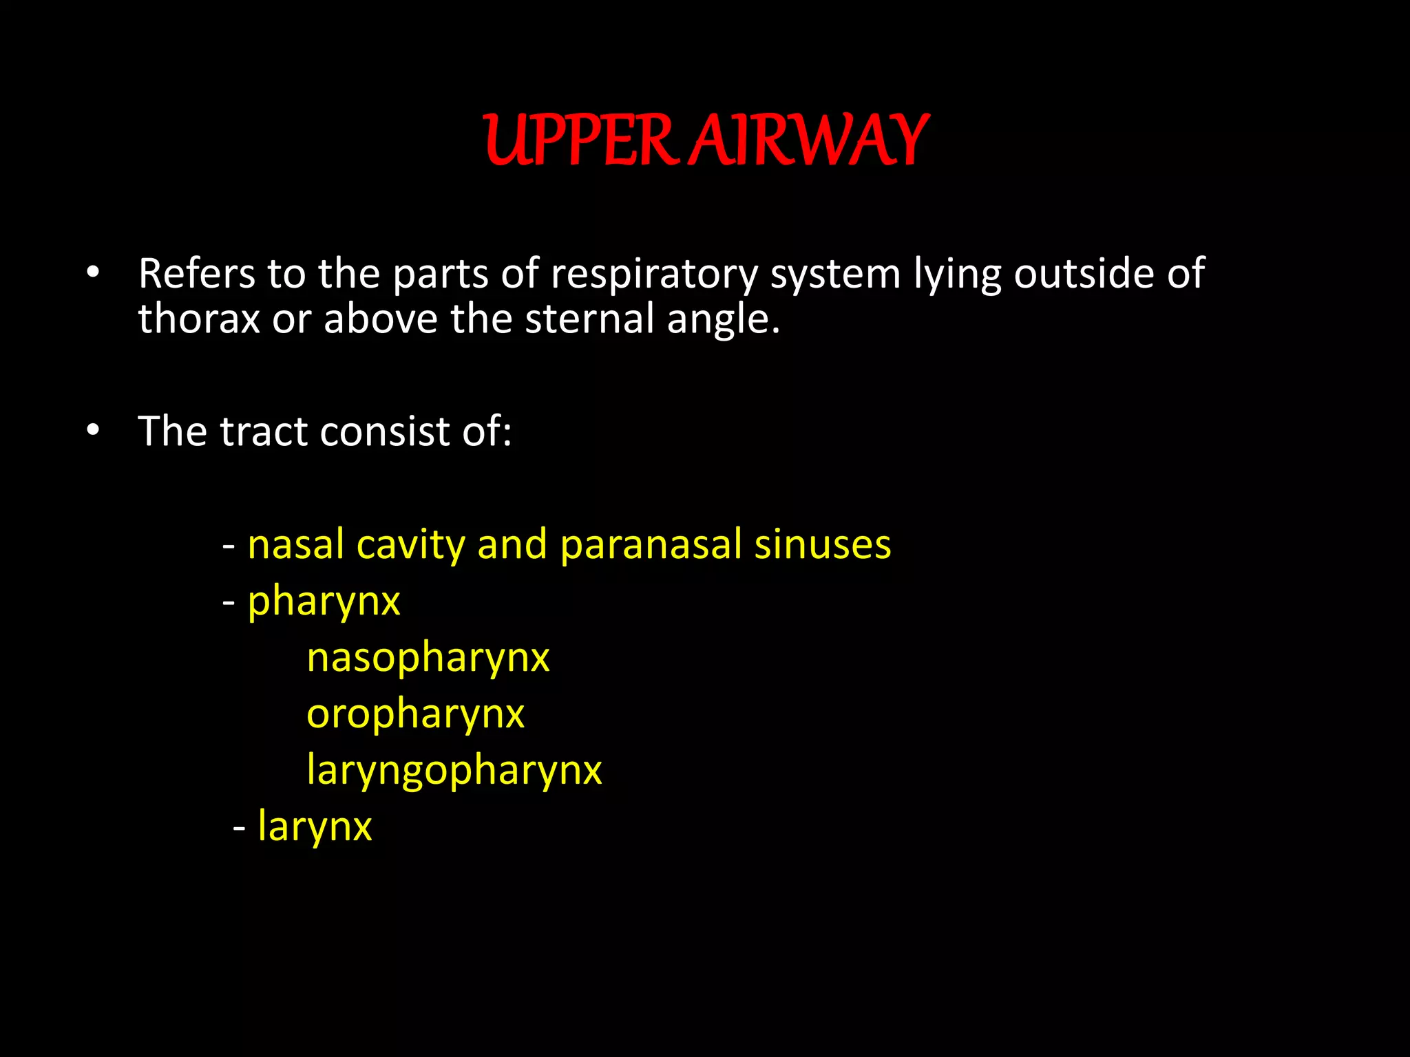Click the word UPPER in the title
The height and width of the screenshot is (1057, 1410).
point(578,141)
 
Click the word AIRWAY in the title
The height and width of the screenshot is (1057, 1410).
point(810,141)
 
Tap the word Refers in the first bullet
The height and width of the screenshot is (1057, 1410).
point(197,274)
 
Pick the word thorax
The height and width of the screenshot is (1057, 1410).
point(199,319)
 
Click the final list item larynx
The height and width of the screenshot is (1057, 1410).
point(315,826)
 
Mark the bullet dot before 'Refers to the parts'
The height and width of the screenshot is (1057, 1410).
point(94,273)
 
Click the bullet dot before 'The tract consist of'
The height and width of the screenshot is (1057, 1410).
point(94,431)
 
